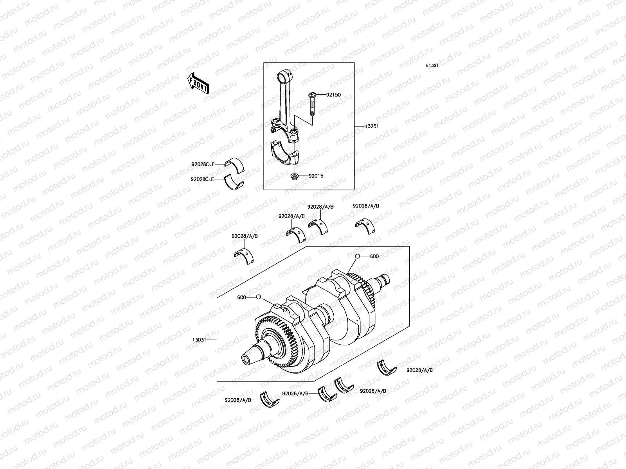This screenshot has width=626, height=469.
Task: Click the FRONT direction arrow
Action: pyautogui.click(x=198, y=84)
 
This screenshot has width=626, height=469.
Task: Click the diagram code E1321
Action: pyautogui.click(x=432, y=66)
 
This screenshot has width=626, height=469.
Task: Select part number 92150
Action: pyautogui.click(x=333, y=95)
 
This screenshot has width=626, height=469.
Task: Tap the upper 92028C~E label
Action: pyautogui.click(x=203, y=165)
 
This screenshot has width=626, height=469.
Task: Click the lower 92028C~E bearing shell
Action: pyautogui.click(x=234, y=183)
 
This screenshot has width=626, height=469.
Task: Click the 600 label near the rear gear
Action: pyautogui.click(x=374, y=256)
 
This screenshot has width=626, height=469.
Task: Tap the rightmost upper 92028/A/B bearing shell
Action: pyautogui.click(x=364, y=226)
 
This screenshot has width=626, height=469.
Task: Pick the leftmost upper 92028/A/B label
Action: pyautogui.click(x=245, y=236)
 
